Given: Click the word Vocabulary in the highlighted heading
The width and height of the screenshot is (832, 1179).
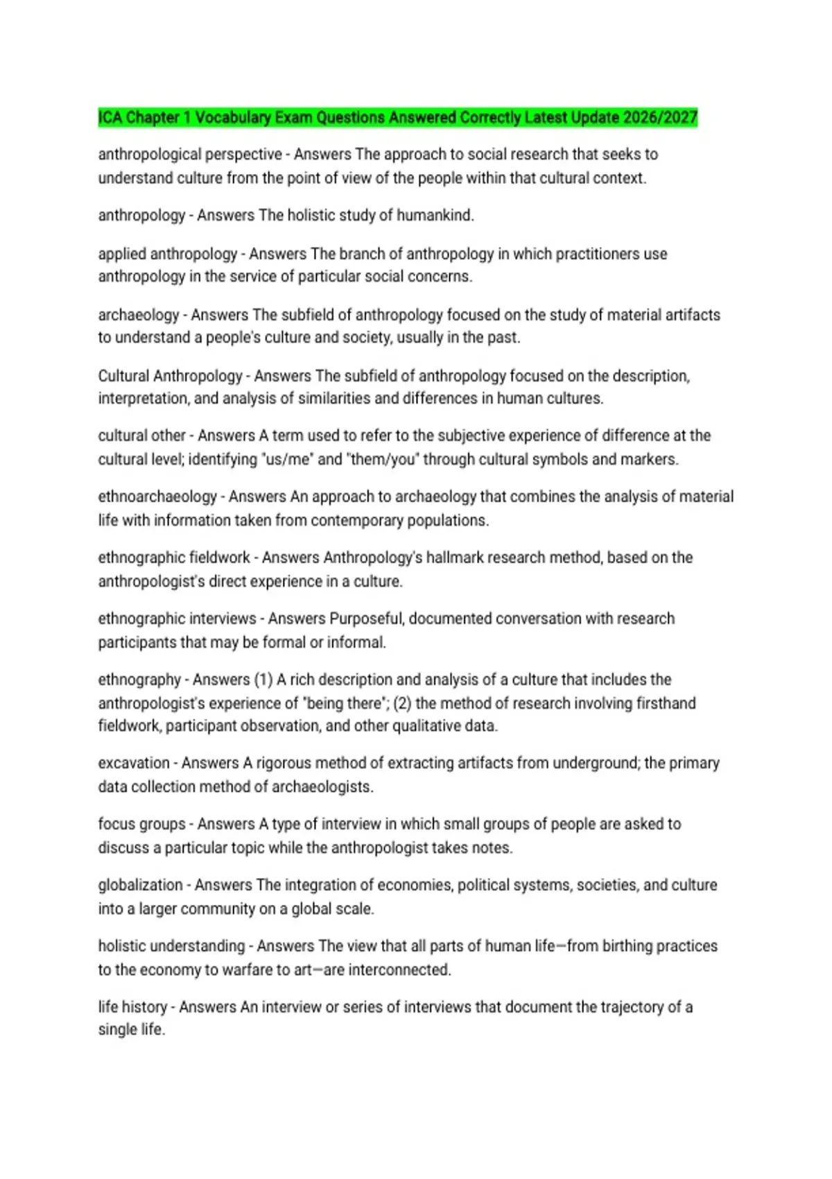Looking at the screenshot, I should [233, 118].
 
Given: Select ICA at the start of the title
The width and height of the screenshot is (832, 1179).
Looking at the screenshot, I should [110, 118].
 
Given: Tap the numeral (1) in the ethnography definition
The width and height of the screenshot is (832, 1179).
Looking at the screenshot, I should [263, 680].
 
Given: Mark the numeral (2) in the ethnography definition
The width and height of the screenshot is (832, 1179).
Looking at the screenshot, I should [403, 704].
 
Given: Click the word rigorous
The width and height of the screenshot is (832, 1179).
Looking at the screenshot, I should [285, 764].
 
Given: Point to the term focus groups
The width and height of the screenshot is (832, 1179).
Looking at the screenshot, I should [141, 825].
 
